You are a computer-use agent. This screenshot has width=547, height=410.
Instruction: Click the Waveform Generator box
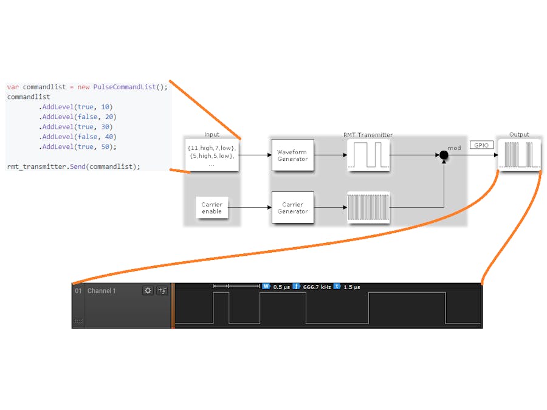tap(292, 155)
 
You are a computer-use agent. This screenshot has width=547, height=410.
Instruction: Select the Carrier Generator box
tap(292, 208)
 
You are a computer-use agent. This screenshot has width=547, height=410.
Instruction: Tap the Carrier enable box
tap(212, 208)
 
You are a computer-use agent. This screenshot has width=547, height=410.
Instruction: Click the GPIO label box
tap(481, 145)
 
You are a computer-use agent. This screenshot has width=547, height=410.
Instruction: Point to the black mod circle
tap(444, 155)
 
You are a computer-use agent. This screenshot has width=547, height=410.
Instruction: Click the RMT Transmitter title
tap(368, 135)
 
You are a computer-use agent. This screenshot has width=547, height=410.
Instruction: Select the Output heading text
tap(519, 135)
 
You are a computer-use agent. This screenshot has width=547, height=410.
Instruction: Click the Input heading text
tap(212, 135)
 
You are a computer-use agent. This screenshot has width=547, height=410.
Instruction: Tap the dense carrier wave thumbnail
tap(368, 208)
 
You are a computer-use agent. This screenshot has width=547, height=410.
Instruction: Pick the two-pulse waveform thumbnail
tap(368, 155)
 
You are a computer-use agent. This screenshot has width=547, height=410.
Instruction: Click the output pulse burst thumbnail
tap(519, 155)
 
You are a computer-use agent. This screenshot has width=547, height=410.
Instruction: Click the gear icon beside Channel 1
tap(148, 291)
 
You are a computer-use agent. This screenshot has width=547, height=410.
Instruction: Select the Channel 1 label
tap(101, 291)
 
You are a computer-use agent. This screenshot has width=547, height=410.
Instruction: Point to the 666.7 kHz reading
tap(316, 287)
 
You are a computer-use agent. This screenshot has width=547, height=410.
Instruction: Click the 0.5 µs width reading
tap(281, 287)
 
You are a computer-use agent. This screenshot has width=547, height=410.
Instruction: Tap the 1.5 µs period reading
tap(352, 287)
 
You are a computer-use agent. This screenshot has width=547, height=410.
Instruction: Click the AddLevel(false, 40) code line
tap(78, 137)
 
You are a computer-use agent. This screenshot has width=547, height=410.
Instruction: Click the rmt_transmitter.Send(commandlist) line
tap(74, 166)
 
